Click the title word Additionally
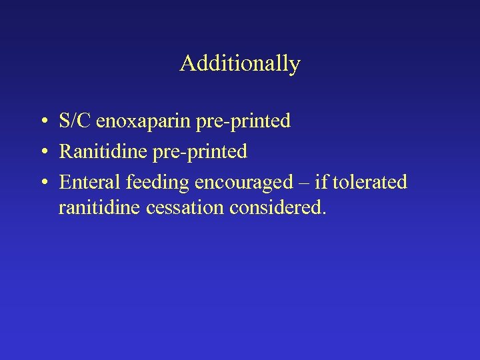tap(240, 64)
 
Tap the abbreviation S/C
tap(75, 121)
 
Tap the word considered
tap(276, 209)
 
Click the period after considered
tap(325, 214)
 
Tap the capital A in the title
tap(187, 64)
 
